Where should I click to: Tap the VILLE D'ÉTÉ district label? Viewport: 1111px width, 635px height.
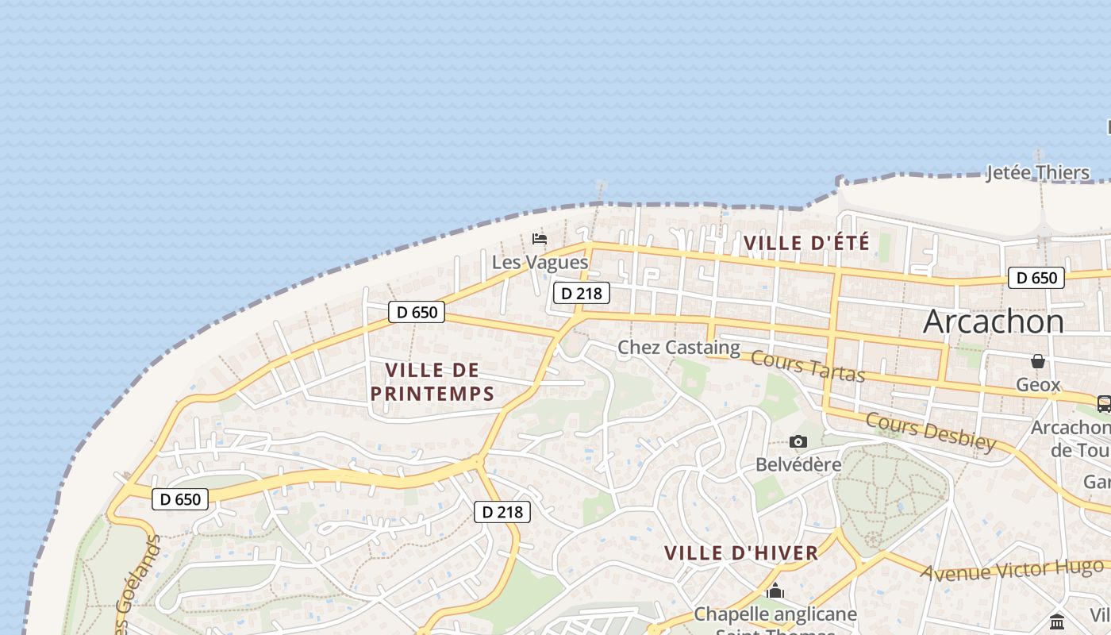[x=806, y=243]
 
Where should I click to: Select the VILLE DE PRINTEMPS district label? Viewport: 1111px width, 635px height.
[x=432, y=381]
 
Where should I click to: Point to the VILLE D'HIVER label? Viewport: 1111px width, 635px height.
[x=741, y=553]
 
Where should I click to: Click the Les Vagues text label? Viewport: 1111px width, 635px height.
[x=540, y=262]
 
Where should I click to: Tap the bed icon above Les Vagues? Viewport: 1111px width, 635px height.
[x=540, y=239]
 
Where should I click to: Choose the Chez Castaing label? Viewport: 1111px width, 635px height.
[x=679, y=347]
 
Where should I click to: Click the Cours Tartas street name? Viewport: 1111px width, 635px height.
[x=807, y=366]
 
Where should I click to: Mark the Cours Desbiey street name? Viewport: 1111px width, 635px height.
[x=930, y=431]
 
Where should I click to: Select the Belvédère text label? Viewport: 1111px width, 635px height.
[x=798, y=464]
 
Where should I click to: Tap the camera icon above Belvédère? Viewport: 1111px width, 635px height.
[x=798, y=441]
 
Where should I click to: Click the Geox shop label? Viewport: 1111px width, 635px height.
[x=1038, y=385]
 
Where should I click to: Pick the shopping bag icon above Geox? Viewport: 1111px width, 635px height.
[x=1038, y=361]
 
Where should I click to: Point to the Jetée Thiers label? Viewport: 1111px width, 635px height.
[x=1037, y=172]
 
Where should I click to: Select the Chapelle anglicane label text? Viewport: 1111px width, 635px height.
[x=775, y=614]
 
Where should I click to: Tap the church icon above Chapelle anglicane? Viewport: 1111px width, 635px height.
[x=775, y=591]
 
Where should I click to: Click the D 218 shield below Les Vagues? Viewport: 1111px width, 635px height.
[x=581, y=293]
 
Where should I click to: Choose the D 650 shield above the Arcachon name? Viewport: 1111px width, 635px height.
[x=1036, y=278]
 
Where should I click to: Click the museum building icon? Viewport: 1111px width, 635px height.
[x=1056, y=621]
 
